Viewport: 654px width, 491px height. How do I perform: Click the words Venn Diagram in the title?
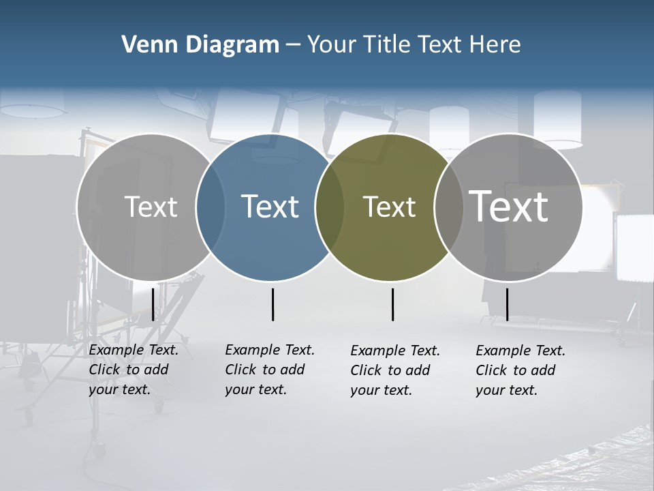(200, 45)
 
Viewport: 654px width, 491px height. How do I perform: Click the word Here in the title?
(495, 45)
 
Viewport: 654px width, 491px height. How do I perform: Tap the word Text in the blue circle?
(270, 207)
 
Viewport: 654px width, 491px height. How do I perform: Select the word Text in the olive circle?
(389, 207)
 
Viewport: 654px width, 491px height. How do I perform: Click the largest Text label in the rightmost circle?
(509, 206)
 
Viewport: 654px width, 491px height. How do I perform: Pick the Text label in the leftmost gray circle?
(151, 207)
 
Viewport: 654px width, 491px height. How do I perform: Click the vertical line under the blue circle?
(272, 304)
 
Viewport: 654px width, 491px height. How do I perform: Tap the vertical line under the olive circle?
(392, 304)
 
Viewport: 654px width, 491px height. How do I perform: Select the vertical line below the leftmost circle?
(153, 304)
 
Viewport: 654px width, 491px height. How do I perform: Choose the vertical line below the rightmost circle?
(507, 304)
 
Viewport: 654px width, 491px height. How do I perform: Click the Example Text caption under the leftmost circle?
(134, 370)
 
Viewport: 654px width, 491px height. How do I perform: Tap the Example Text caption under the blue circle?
(270, 370)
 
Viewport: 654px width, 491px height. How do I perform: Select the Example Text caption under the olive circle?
(395, 370)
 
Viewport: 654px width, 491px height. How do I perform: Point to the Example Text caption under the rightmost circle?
(520, 370)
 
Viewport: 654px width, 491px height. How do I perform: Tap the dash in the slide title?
(292, 45)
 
